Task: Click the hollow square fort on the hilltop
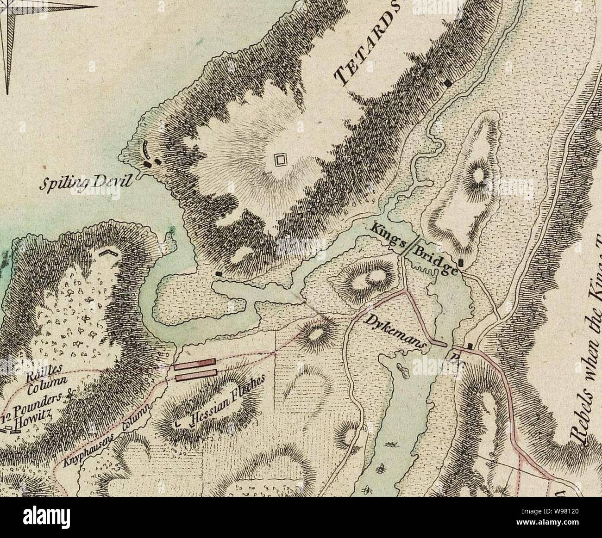280,161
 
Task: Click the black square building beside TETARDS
448,83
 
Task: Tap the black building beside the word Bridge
460,263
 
